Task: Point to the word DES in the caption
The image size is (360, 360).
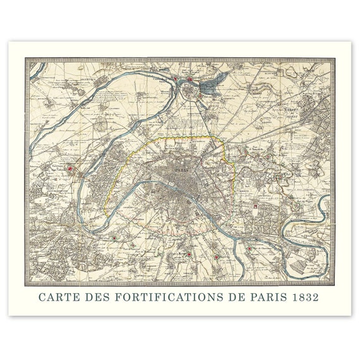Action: click(97, 296)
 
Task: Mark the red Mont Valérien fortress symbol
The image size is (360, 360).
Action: click(75, 169)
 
